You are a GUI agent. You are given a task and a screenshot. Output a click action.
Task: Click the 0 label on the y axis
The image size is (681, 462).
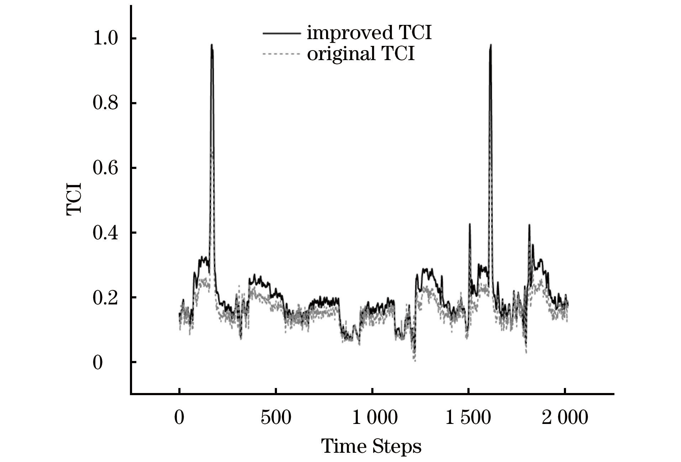point(98,363)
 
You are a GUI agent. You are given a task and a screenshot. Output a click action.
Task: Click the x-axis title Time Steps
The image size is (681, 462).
point(371,446)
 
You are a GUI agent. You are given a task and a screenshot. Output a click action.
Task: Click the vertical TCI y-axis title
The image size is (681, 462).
point(74,199)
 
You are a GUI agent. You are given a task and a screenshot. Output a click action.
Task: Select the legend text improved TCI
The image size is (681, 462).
point(369,33)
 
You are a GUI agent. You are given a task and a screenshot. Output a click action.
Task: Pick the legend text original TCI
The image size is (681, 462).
point(361,54)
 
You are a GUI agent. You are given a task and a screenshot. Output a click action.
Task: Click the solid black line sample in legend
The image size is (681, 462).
point(280,33)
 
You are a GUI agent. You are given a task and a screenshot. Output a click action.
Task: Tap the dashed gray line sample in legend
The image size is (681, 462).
point(280,54)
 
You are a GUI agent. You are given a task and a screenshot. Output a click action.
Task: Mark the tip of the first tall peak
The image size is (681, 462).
point(211,45)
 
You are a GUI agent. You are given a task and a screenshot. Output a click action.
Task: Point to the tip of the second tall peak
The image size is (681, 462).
point(491,45)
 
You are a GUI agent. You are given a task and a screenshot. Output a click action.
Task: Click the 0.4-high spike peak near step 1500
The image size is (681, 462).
point(470,224)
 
